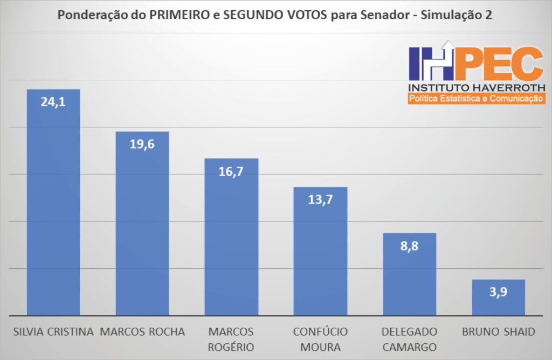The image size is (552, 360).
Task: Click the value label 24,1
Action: click(x=53, y=101)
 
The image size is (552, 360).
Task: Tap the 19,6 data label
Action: click(x=142, y=144)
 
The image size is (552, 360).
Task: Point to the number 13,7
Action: click(x=320, y=199)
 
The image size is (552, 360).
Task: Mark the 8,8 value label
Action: click(x=409, y=246)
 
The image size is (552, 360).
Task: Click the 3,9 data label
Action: click(x=498, y=292)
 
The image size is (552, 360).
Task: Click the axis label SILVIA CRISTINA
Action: click(x=53, y=331)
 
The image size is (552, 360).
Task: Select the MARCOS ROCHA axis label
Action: click(x=142, y=331)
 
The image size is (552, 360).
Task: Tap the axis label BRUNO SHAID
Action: click(x=498, y=331)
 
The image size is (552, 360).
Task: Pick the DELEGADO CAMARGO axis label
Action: click(x=409, y=339)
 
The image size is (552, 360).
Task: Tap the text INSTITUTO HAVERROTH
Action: click(x=477, y=87)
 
